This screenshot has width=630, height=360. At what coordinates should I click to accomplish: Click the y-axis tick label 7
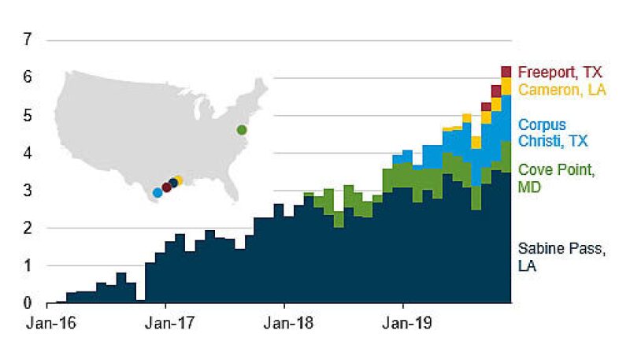click(x=28, y=39)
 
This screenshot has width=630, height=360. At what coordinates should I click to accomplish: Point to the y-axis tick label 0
click(x=28, y=303)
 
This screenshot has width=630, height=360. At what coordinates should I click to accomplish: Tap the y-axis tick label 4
click(x=28, y=153)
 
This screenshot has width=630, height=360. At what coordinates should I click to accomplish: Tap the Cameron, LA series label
click(x=561, y=90)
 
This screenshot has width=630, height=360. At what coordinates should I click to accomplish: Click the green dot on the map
click(x=242, y=130)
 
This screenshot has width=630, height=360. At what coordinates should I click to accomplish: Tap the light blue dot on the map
click(x=157, y=192)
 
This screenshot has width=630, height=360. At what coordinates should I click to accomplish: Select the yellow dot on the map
click(x=179, y=180)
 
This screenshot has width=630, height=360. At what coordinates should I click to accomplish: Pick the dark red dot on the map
click(x=166, y=187)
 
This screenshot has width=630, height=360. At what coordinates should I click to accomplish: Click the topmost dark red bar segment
click(x=506, y=72)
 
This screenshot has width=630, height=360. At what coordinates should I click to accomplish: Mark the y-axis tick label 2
click(x=28, y=228)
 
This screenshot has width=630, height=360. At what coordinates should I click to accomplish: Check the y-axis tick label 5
click(x=28, y=115)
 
